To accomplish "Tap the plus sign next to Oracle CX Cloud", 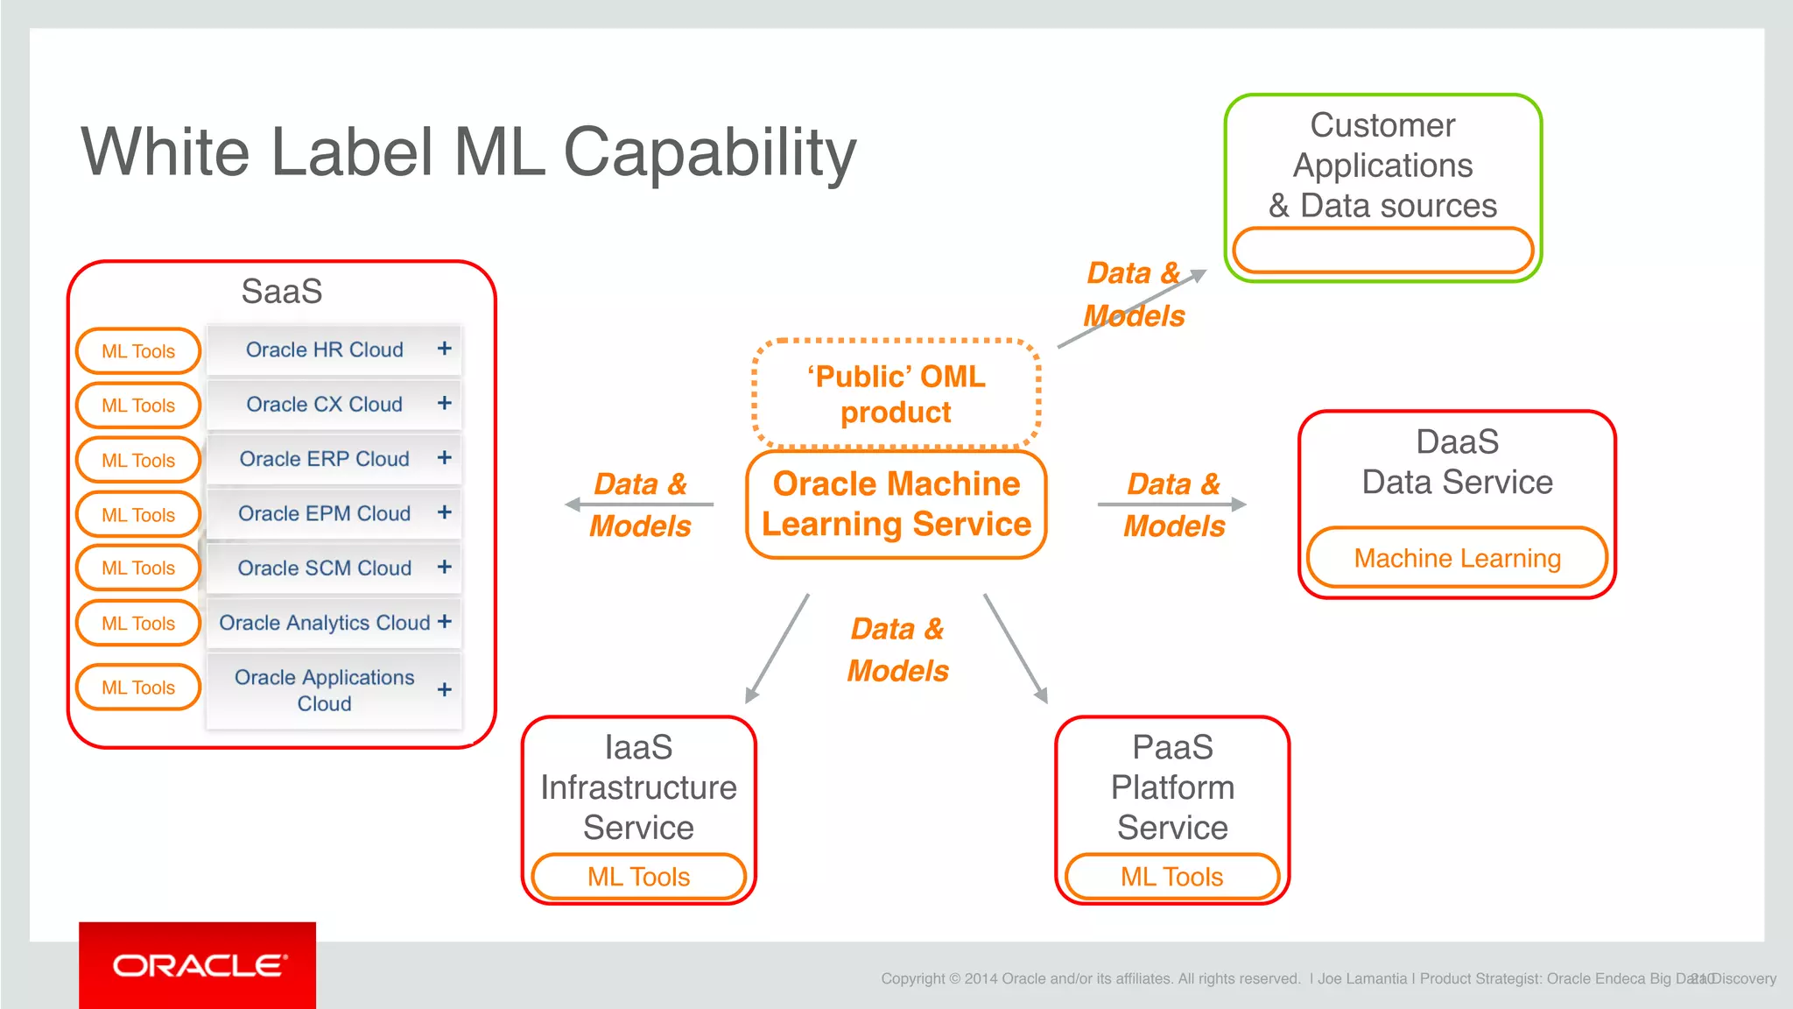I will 445,403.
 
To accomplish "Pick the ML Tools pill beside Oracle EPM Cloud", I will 138,514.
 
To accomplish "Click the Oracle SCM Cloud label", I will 324,568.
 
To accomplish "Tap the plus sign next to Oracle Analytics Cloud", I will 445,621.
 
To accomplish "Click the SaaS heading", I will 282,291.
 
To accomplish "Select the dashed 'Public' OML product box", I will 896,394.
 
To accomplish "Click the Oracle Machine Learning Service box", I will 896,504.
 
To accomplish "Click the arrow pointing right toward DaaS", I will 1171,504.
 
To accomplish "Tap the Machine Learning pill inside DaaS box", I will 1457,558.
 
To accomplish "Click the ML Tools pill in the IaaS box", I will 639,877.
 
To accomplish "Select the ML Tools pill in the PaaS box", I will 1171,877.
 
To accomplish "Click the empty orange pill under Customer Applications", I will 1382,250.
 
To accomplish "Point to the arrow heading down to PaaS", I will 1016,648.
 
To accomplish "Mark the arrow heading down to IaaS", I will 777,648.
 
